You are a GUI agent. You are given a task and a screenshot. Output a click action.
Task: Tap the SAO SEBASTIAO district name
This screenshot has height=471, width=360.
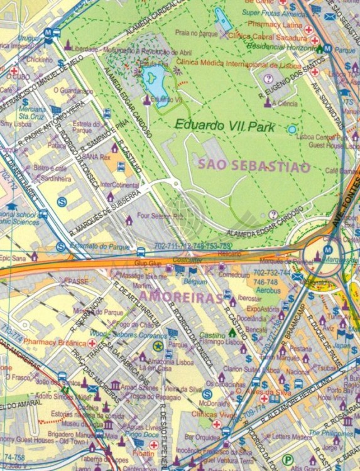(254, 166)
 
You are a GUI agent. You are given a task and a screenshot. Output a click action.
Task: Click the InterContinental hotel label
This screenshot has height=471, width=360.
(119, 185)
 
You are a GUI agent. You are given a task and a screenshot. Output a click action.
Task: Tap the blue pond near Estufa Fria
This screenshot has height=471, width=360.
(153, 80)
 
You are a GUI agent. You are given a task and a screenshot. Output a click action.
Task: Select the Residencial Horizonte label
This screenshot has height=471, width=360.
(283, 46)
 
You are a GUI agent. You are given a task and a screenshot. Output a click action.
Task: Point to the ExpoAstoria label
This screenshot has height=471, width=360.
(262, 309)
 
